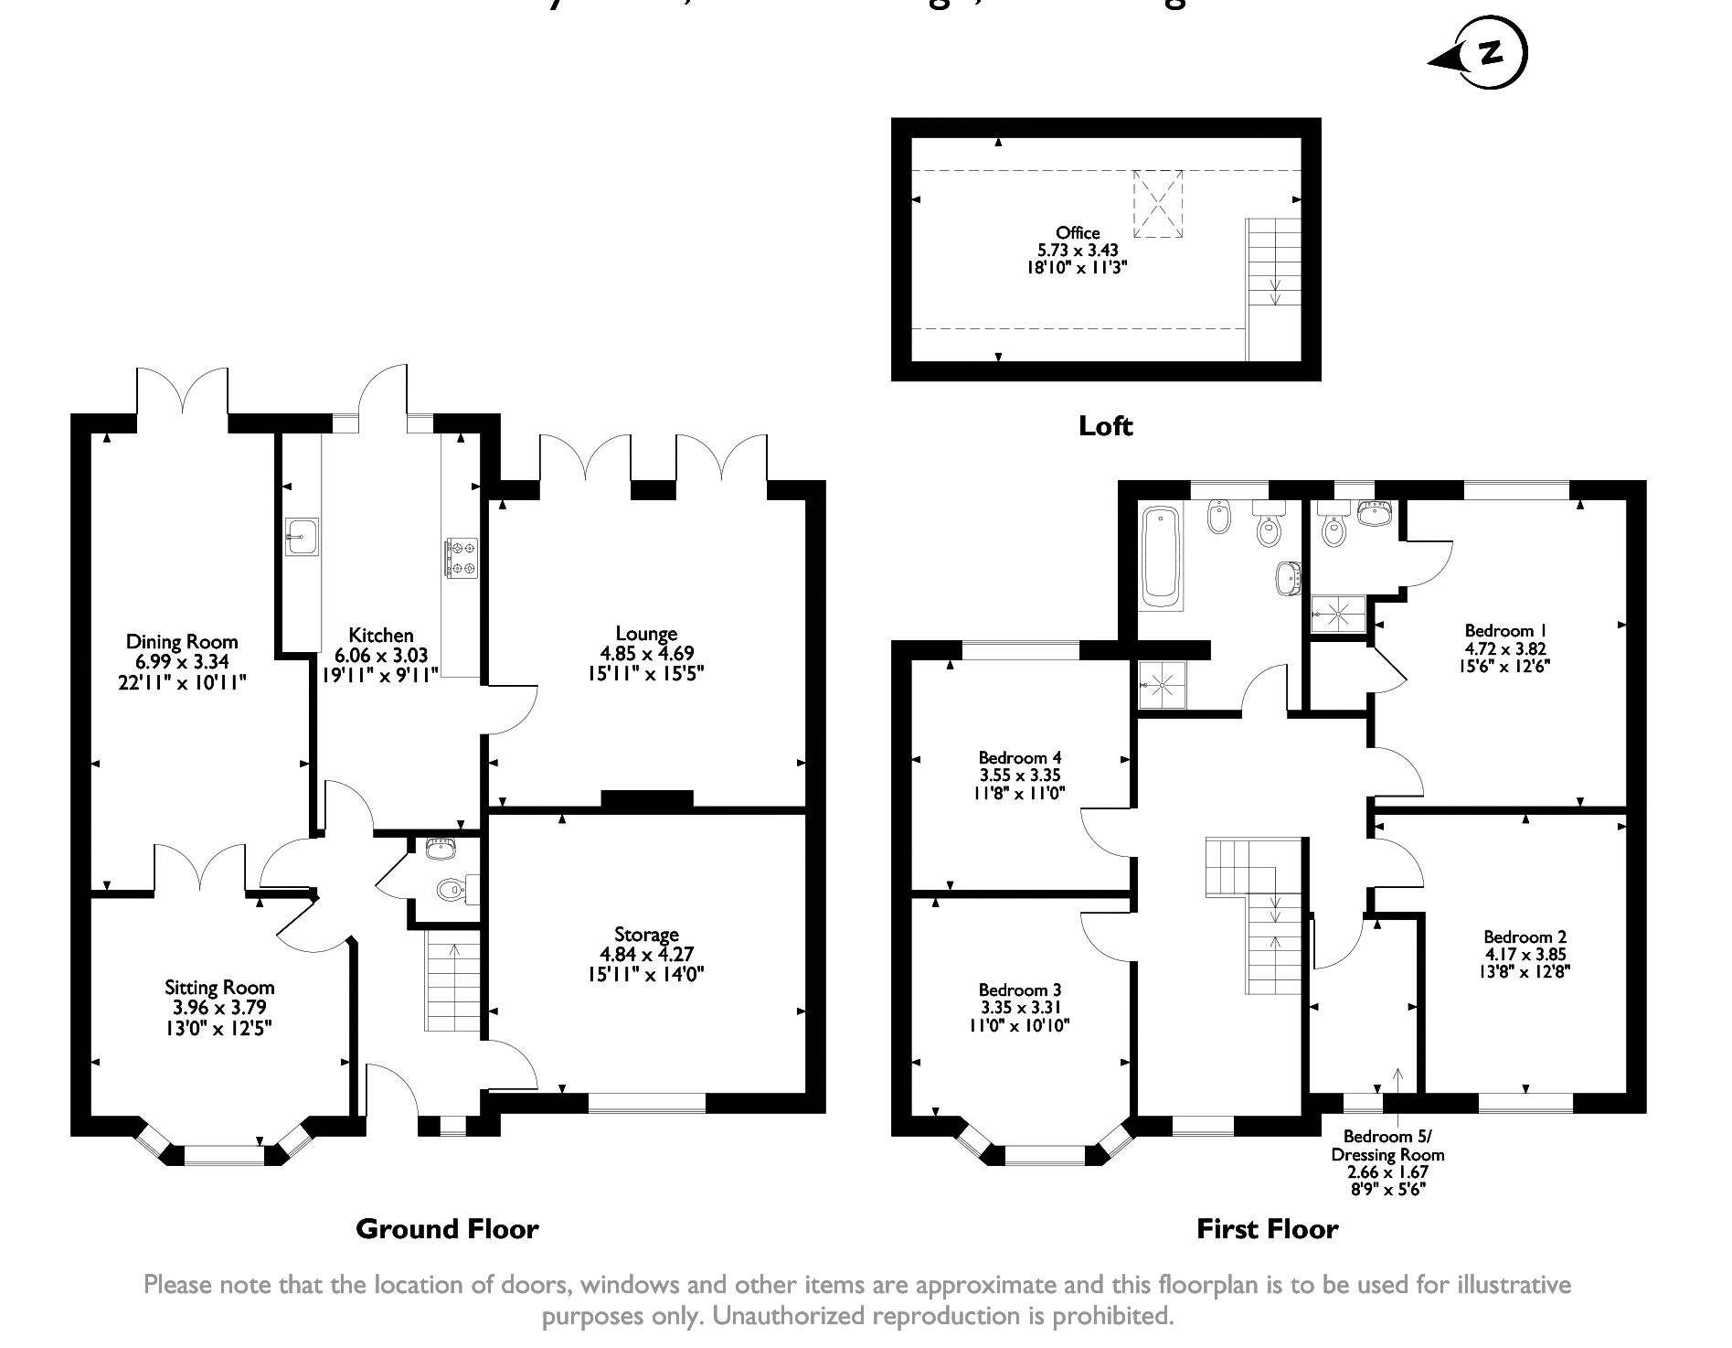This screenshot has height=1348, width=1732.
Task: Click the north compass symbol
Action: [x=1490, y=55]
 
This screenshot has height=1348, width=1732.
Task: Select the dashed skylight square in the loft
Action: [x=1158, y=203]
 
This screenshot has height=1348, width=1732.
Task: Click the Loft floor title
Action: [x=1105, y=426]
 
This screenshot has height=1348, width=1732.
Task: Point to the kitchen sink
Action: [x=301, y=537]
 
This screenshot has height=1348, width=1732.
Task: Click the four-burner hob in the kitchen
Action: [x=460, y=559]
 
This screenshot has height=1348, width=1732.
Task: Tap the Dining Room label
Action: [x=182, y=642]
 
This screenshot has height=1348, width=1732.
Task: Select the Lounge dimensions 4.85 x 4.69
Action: [x=646, y=654]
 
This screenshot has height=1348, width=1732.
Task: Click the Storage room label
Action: [x=646, y=935]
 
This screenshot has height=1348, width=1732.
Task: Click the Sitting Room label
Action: [x=219, y=988]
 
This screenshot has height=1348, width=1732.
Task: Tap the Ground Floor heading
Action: [x=447, y=1229]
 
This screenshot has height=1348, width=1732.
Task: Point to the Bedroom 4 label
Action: [x=1019, y=758]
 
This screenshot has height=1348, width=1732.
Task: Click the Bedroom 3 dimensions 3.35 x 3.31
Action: [x=1019, y=1008]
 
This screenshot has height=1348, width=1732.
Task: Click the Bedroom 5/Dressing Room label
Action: [x=1387, y=1145]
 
